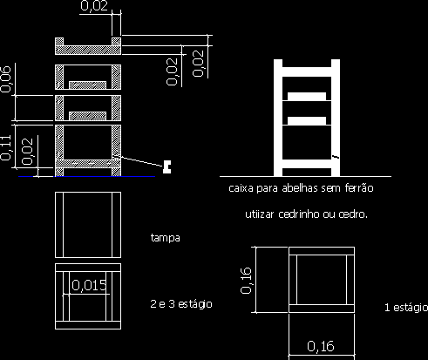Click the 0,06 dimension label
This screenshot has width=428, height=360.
coord(5,79)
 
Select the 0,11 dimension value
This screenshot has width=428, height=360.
coord(5,148)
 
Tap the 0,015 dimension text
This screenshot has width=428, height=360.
coord(89,285)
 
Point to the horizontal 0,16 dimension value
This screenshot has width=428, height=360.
coord(321,346)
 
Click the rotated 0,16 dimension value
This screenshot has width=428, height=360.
coord(246,281)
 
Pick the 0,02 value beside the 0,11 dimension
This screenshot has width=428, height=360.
coord(27,152)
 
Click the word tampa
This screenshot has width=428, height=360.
coord(166,238)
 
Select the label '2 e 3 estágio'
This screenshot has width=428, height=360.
coord(181,304)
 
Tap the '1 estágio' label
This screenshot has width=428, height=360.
coord(406,308)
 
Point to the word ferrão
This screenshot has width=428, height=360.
coord(359,188)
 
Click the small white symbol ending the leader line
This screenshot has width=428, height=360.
coord(167,166)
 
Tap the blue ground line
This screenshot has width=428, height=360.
coord(87,176)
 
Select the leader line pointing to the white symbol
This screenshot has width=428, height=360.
coord(141,161)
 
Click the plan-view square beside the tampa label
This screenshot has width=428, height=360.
coord(88,225)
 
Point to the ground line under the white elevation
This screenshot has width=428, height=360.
coord(305,176)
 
